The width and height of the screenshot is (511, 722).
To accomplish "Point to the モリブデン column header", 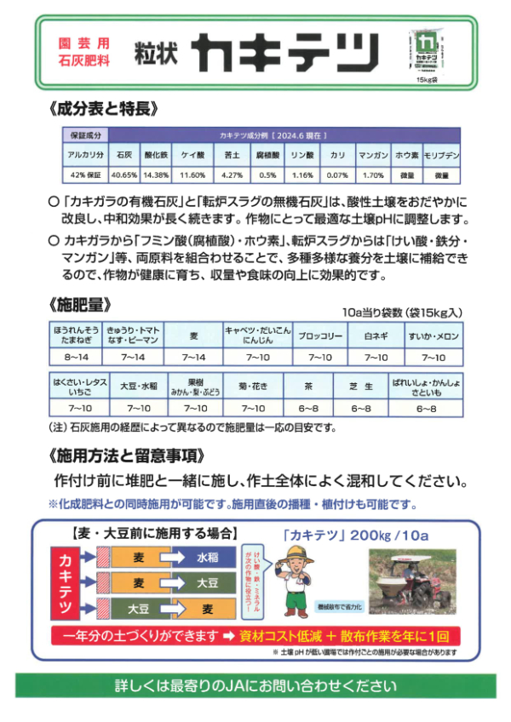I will [x=442, y=156].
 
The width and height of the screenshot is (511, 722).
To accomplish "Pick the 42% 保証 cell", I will [x=85, y=175].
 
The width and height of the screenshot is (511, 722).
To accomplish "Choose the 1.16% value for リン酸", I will [x=302, y=175].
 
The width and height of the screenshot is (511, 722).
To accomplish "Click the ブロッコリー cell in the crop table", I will [x=321, y=336].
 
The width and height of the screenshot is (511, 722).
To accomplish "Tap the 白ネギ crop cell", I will [x=376, y=336].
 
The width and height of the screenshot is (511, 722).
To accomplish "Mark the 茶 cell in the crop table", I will [x=307, y=386].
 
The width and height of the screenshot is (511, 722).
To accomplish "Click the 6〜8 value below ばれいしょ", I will [x=426, y=408].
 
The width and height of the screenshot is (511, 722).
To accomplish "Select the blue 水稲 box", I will [x=208, y=558].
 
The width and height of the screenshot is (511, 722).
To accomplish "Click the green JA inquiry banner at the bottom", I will [x=255, y=685].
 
